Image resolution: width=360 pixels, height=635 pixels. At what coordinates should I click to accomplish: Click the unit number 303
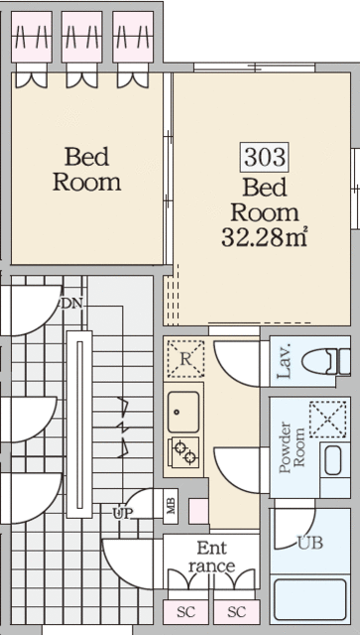pos(265,157)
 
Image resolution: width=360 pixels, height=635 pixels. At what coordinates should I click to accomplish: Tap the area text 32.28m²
pos(264,238)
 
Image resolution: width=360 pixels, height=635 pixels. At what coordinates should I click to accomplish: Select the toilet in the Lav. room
pos(325,361)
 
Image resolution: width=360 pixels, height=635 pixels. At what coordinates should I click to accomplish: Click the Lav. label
pos(285,361)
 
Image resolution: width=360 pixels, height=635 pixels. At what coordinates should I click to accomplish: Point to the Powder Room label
pos(292,447)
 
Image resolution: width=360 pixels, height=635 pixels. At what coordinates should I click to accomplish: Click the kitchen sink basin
pos(183,412)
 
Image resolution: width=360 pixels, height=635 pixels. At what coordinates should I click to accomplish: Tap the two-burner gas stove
pos(183,452)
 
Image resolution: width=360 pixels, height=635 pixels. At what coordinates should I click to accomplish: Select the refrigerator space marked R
pos(185,359)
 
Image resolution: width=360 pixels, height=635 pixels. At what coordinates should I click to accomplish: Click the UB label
pos(310,543)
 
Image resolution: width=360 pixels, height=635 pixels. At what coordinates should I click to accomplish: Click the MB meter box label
pos(171,506)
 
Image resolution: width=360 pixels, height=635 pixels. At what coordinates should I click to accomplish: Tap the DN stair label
pos(71,304)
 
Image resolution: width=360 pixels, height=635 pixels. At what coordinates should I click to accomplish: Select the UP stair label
pos(122,514)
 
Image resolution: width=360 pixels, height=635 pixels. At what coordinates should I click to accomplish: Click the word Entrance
pos(211,557)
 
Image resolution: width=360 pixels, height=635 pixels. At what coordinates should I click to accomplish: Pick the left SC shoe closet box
pos(185,612)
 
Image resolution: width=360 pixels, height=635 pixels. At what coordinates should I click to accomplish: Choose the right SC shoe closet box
pos(236,612)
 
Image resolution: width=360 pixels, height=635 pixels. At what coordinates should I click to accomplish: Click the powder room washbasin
pos(333,460)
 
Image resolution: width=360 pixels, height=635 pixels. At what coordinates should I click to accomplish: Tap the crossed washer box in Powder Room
pos(328,420)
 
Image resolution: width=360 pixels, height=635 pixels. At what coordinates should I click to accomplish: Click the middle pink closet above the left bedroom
pos(81,37)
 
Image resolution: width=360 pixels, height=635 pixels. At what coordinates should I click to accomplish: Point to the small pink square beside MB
pos(198,511)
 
